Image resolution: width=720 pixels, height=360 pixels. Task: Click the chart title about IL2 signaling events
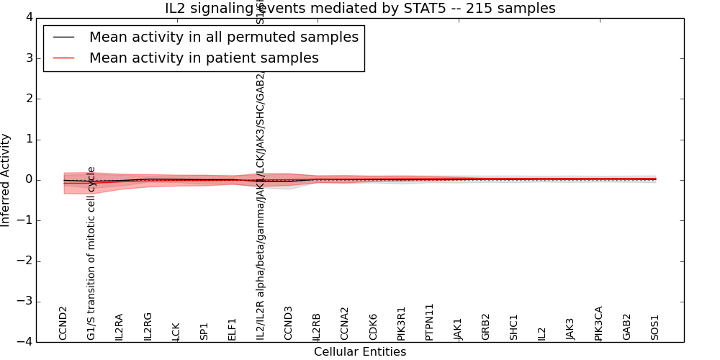pyautogui.click(x=360, y=9)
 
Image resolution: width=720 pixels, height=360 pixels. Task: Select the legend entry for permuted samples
pyautogui.click(x=223, y=37)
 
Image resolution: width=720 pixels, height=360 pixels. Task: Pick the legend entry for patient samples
pyautogui.click(x=204, y=58)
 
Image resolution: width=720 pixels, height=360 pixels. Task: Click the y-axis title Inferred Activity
pyautogui.click(x=6, y=180)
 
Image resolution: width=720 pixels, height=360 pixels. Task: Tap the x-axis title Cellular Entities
pyautogui.click(x=360, y=352)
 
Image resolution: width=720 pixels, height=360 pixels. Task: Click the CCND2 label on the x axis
pyautogui.click(x=63, y=323)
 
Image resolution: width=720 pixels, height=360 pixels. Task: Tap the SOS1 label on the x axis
pyautogui.click(x=655, y=327)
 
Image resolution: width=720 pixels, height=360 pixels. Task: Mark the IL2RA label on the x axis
pyautogui.click(x=120, y=326)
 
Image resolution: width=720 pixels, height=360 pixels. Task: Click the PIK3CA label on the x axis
pyautogui.click(x=598, y=323)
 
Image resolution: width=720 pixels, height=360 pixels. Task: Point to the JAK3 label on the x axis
pyautogui.click(x=570, y=328)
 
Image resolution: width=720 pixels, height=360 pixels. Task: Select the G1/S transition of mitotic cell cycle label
pyautogui.click(x=91, y=253)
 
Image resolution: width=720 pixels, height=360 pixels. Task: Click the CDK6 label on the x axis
pyautogui.click(x=373, y=327)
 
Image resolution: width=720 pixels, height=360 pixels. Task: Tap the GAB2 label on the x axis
pyautogui.click(x=626, y=327)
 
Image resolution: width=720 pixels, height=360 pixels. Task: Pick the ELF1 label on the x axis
pyautogui.click(x=232, y=329)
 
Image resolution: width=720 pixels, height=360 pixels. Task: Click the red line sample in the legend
pyautogui.click(x=63, y=58)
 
